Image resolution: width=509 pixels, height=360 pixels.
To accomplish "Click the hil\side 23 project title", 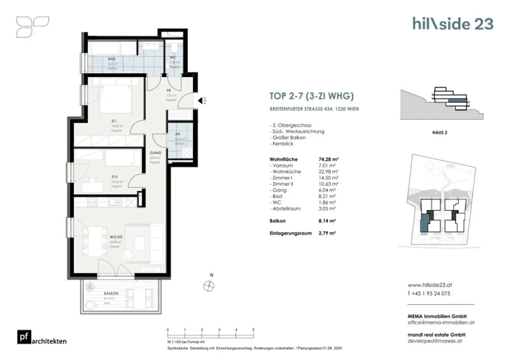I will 453,24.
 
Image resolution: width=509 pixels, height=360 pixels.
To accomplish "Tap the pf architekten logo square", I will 24,337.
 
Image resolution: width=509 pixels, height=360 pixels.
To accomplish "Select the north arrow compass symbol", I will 209,286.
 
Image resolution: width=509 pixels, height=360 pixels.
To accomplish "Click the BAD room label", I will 112,59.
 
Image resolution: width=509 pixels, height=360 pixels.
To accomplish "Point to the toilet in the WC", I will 174,48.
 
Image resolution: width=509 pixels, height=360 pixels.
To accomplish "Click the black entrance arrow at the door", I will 200,100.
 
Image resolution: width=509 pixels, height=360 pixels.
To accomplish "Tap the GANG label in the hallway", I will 155,153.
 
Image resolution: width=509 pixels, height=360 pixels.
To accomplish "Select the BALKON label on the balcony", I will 111,293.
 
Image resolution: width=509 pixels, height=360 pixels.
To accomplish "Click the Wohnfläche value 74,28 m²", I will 328,159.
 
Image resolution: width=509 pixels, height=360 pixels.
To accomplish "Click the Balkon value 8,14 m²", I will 327,221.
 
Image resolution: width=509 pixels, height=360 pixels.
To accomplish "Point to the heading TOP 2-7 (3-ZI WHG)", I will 311,96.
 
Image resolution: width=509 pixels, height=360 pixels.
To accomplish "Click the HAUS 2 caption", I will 439,132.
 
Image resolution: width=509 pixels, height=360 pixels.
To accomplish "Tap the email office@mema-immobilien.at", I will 441,322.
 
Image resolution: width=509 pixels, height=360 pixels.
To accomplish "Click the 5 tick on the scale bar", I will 254,330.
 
